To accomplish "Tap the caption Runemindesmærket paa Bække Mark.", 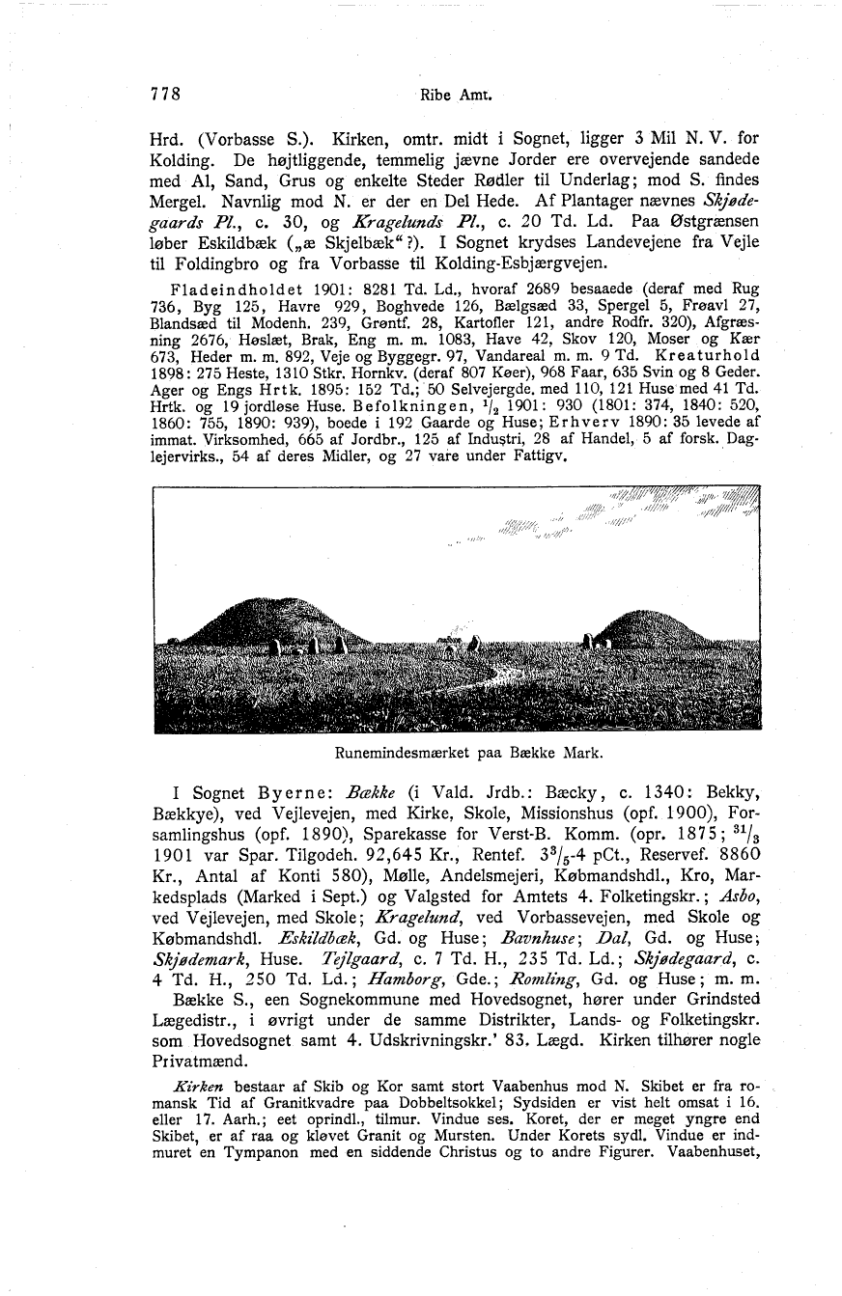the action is tap(457, 748).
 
